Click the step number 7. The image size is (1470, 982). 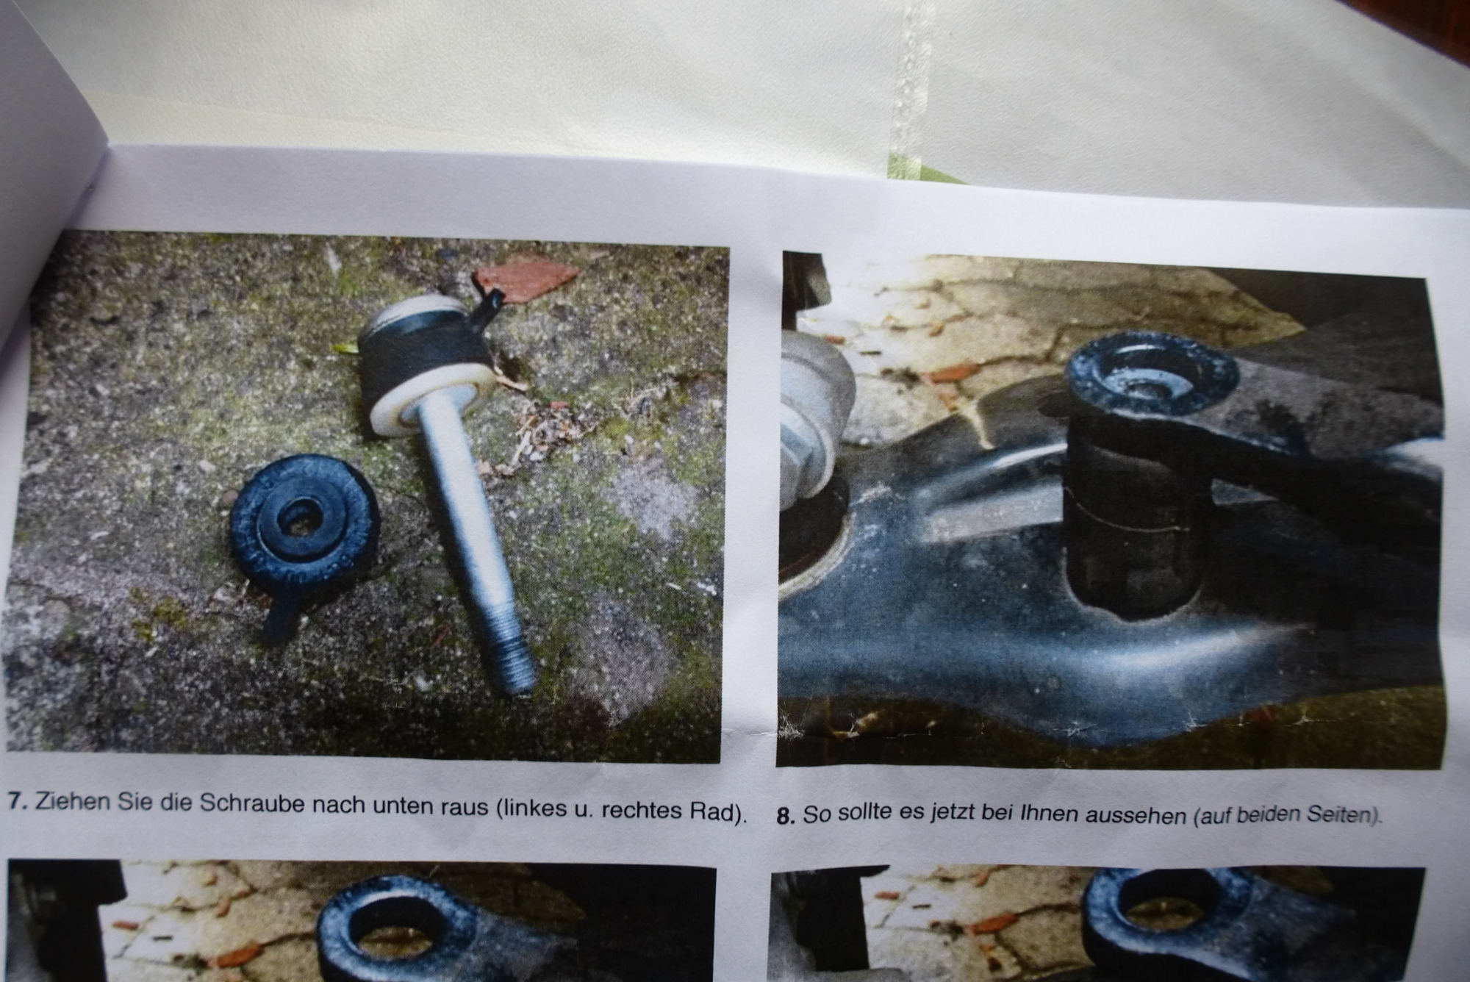click(x=18, y=800)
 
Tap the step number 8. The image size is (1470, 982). click(x=786, y=817)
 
